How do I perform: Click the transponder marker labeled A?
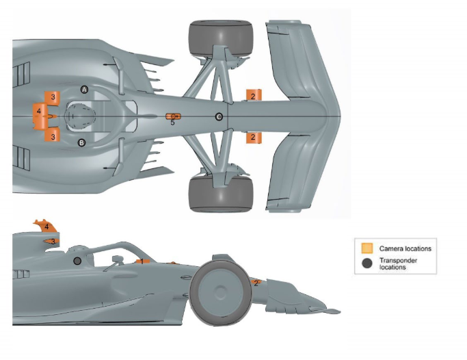pos(85,90)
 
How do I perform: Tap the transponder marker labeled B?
pos(81,142)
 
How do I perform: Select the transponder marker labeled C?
pos(219,117)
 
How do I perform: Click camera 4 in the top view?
pos(40,113)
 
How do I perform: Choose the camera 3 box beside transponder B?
pos(53,136)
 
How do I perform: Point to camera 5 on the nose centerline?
pos(173,117)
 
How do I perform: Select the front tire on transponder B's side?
pos(220,193)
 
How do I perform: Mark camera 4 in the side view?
pos(44,227)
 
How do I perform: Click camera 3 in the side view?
pos(51,242)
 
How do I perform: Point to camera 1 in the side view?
pos(140,261)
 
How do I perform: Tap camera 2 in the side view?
pos(256,283)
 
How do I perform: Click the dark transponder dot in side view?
pos(77,261)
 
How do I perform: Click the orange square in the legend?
pos(367,248)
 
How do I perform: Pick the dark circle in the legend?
pos(367,263)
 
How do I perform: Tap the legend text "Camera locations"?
pos(405,248)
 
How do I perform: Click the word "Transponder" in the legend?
pos(398,261)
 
